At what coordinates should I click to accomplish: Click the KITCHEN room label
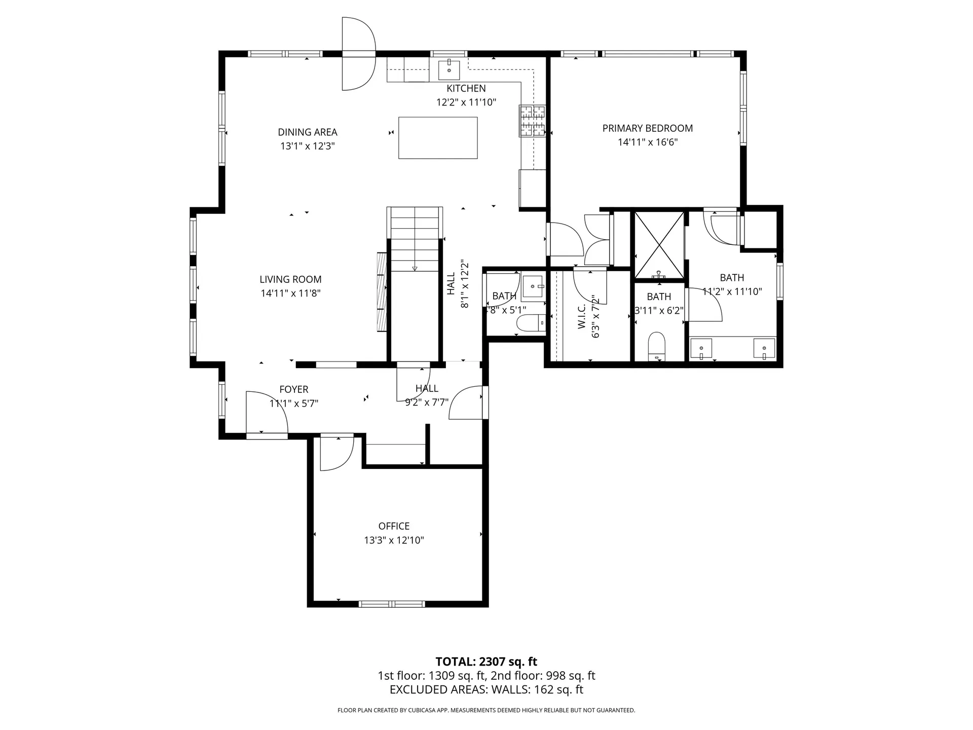click(x=466, y=89)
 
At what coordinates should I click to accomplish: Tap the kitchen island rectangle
click(x=438, y=138)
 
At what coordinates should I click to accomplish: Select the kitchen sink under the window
click(x=448, y=70)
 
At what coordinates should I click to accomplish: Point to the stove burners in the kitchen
click(x=532, y=121)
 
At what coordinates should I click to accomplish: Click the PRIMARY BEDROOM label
click(x=647, y=128)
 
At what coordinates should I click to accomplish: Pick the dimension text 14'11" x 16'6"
click(x=647, y=142)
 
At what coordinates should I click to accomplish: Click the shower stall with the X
click(x=659, y=245)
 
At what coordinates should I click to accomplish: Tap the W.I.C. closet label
click(x=582, y=316)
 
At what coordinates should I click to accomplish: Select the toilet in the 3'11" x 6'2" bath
click(x=657, y=345)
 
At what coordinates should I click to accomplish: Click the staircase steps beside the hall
click(x=415, y=238)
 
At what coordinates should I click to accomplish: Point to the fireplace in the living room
click(x=381, y=292)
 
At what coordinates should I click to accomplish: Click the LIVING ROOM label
click(x=290, y=279)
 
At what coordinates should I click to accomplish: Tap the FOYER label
click(x=294, y=389)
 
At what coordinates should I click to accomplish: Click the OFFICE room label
click(x=394, y=526)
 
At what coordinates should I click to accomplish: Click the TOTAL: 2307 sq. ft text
click(x=486, y=662)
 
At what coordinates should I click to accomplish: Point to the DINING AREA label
click(x=307, y=132)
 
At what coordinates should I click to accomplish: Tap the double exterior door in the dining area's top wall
click(x=358, y=54)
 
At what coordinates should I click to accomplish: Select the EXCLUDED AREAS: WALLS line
click(x=486, y=689)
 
